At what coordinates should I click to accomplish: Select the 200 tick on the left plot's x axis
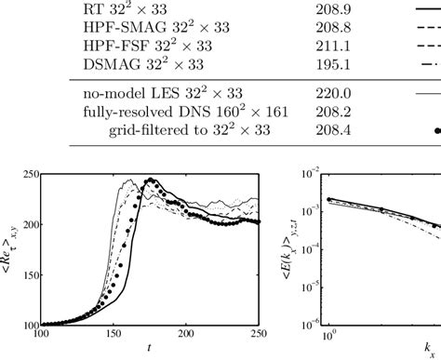pyautogui.click(x=187, y=334)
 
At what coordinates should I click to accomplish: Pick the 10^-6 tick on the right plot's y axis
pyautogui.click(x=311, y=325)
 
